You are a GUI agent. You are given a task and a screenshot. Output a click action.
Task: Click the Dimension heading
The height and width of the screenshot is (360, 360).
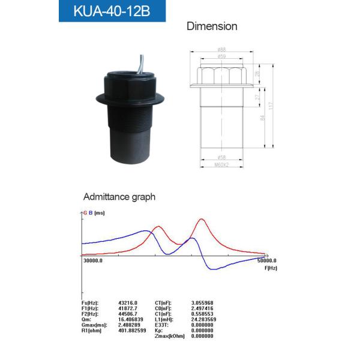[212, 26]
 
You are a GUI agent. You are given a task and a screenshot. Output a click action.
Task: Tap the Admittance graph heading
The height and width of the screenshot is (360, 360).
[119, 196]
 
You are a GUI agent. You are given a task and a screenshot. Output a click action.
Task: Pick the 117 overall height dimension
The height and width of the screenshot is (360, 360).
[272, 106]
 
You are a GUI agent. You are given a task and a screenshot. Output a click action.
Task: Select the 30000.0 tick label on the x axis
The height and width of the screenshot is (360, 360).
[92, 261]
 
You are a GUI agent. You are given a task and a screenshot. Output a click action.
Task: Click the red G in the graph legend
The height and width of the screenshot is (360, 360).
[85, 213]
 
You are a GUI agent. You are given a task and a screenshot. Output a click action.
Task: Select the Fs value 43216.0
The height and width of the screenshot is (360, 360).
[128, 302]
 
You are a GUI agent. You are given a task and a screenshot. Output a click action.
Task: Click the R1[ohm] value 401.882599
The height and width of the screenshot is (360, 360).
[134, 331]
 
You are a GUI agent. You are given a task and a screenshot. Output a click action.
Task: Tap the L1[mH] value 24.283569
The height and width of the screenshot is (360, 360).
[203, 319]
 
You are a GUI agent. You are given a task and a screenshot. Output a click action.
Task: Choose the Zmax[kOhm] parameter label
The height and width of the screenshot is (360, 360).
[170, 336]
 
